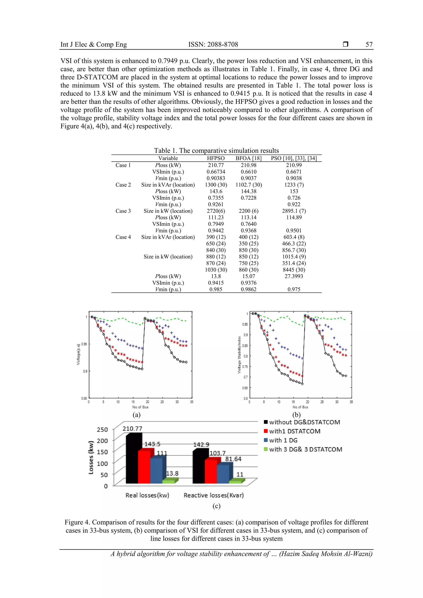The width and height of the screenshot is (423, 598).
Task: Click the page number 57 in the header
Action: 369,45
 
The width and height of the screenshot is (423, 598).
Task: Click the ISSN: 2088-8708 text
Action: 213,45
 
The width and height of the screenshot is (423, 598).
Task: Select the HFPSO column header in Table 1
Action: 216,158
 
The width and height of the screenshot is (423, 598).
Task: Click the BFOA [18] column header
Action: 248,158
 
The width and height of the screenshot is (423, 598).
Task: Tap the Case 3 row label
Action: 123,211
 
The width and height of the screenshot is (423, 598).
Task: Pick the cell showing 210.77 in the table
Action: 216,165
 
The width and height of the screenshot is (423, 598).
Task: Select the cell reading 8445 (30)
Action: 294,270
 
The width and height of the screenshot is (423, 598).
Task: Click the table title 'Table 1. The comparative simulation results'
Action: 216,150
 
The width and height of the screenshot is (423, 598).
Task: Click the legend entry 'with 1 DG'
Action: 283,441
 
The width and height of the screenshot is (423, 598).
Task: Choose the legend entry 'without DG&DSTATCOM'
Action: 304,422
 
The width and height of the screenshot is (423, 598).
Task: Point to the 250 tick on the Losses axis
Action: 102,430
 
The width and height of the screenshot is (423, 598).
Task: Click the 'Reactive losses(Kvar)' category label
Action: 213,495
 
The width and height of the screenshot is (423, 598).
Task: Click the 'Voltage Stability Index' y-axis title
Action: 239,355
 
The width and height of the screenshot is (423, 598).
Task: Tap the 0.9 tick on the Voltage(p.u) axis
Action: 85,371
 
